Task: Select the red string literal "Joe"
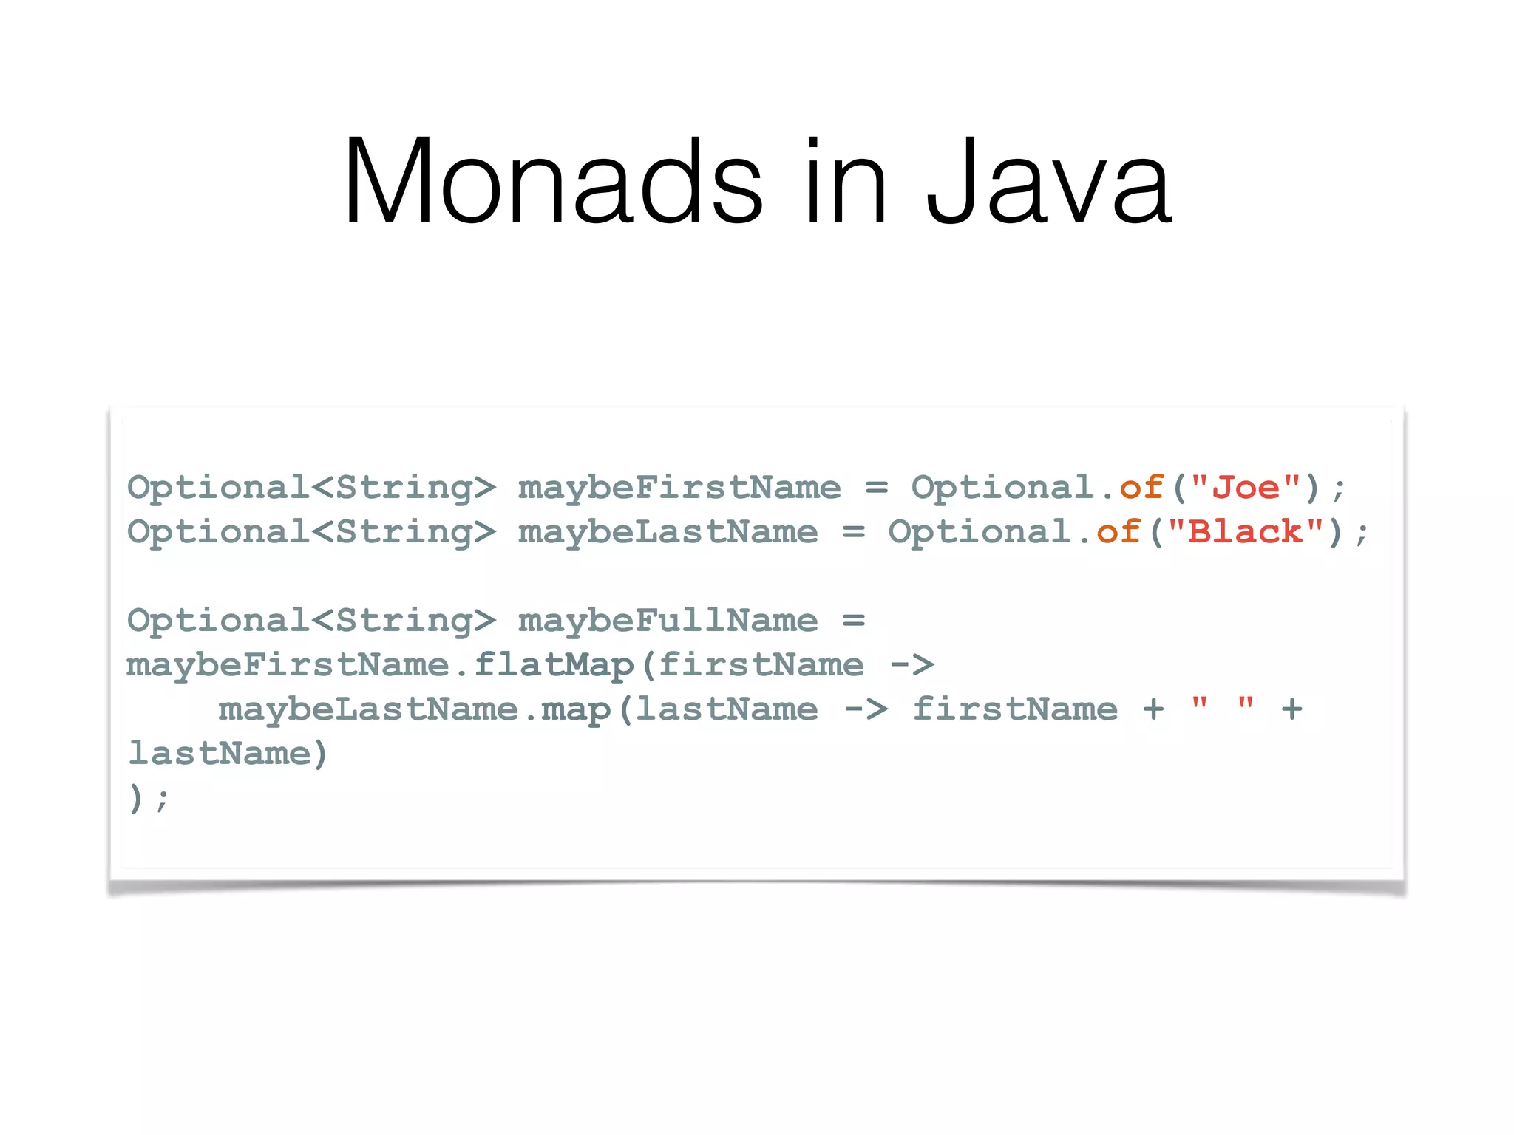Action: coord(1246,488)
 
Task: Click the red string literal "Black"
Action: coord(1246,532)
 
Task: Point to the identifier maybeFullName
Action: coord(668,621)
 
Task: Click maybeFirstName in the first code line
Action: coord(679,488)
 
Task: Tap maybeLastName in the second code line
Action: coord(668,532)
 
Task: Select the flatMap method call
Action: coord(553,665)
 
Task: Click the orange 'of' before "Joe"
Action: coord(1141,488)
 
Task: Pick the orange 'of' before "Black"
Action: coord(1118,532)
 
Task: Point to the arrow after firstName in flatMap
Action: coord(912,665)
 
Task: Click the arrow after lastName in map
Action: coord(866,709)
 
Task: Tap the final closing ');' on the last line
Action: coord(149,798)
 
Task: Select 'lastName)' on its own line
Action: coord(227,754)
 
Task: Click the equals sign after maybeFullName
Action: coord(853,621)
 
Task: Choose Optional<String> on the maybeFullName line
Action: coord(311,621)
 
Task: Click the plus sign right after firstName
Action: coord(1153,709)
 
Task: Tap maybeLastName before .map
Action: coord(368,709)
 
